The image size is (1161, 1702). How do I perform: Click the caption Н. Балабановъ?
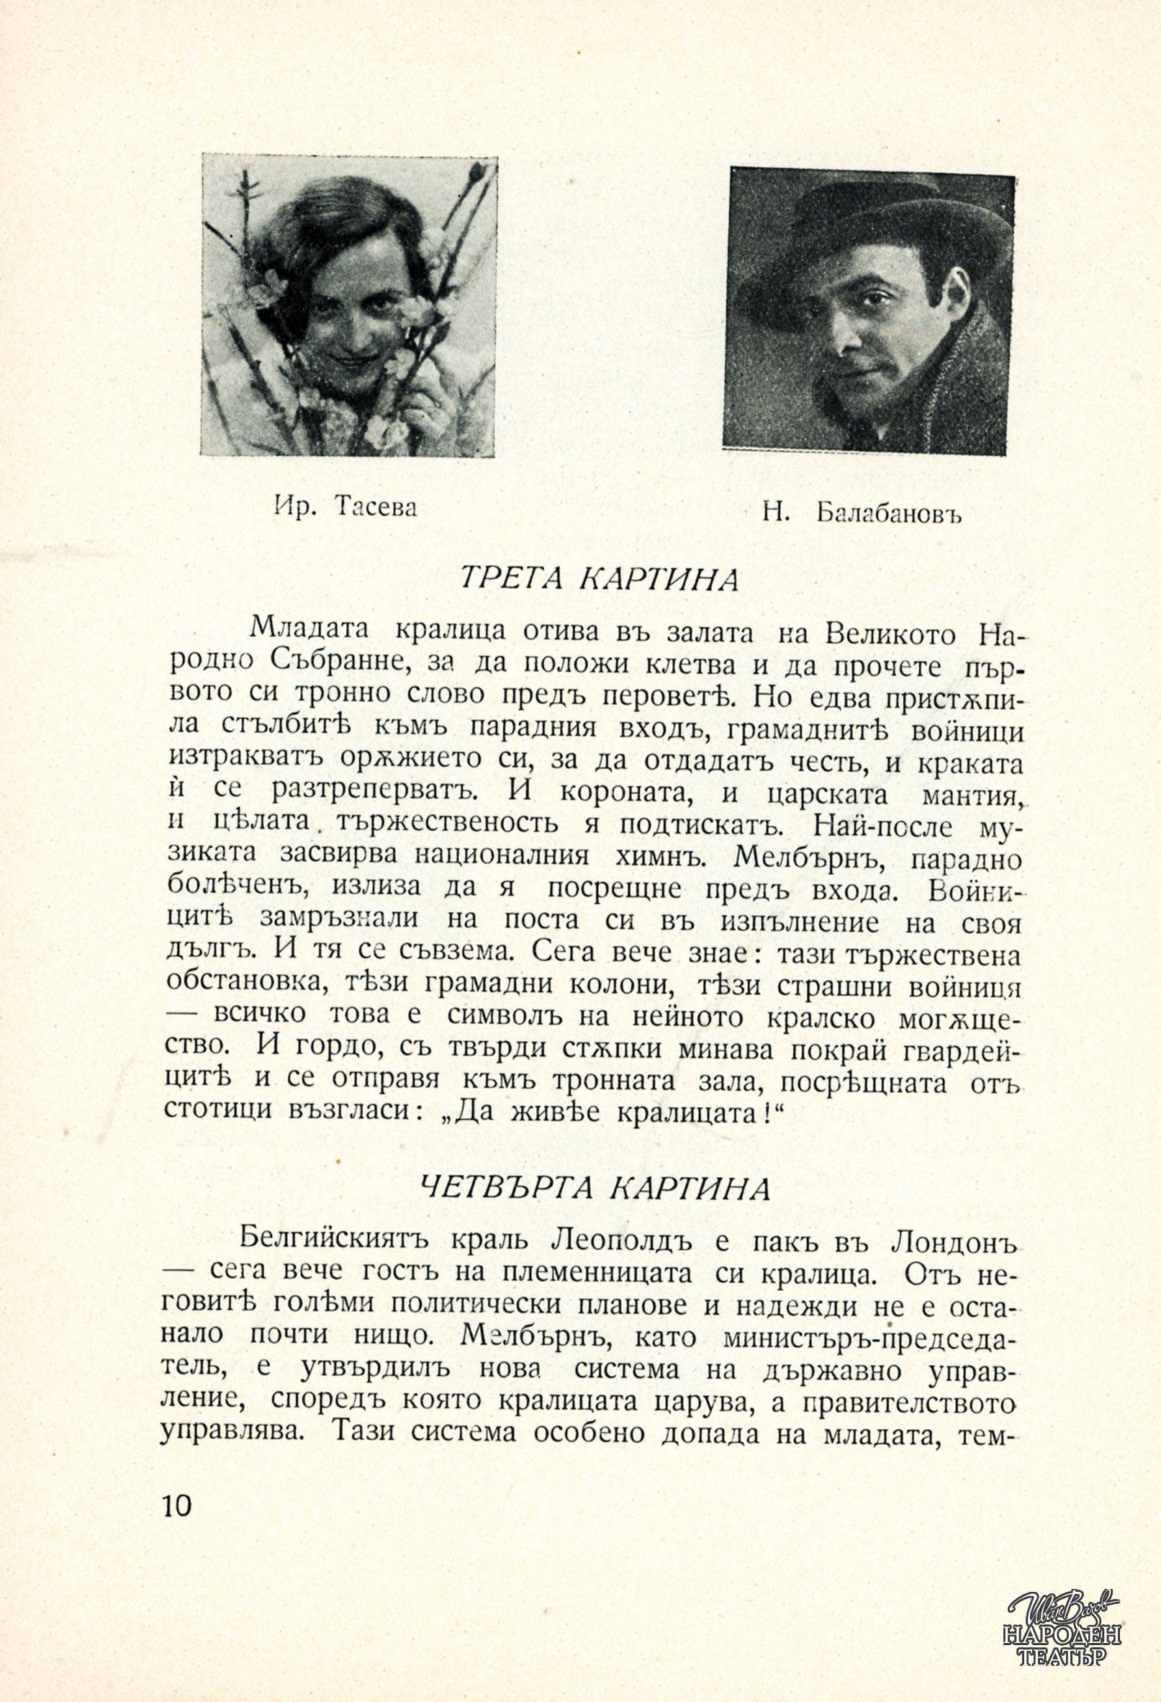860,513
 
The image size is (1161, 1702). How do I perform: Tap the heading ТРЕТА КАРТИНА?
597,579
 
